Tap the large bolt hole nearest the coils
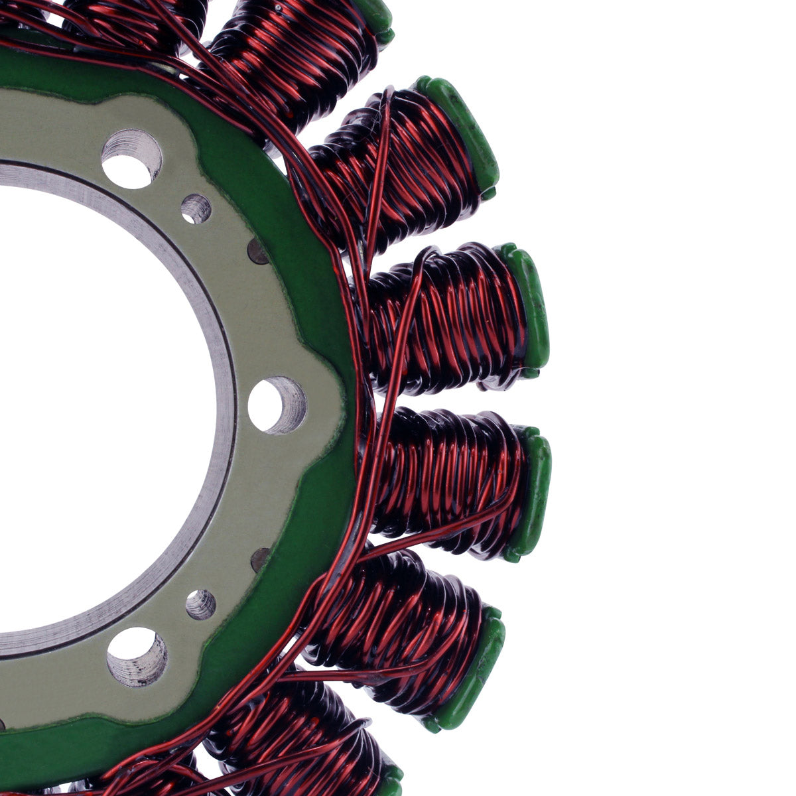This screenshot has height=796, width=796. pos(277,405)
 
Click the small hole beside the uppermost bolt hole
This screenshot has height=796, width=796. pos(196,209)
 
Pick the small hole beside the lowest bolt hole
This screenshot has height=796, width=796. pos(200,604)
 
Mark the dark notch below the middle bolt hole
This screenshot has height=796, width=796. pos(261,559)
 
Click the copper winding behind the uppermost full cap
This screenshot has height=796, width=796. pos(398,166)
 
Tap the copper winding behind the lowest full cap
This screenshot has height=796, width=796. pos(391,624)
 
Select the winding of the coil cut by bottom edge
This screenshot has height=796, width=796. pos(298,743)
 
